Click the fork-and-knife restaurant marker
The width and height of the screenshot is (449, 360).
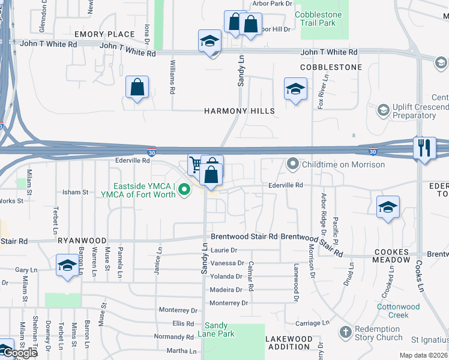(x=424, y=148)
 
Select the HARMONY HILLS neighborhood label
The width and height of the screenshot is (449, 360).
(x=239, y=111)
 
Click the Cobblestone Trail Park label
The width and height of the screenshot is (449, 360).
(x=319, y=19)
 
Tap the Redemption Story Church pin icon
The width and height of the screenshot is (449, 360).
(x=345, y=332)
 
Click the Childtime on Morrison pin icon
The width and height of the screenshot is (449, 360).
(x=293, y=163)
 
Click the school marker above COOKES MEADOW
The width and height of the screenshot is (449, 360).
(x=388, y=208)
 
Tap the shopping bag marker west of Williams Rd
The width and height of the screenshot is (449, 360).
(x=137, y=87)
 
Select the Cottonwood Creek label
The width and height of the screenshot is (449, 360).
(x=398, y=311)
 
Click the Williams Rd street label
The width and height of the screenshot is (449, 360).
(x=172, y=76)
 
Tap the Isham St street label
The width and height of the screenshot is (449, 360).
(x=76, y=192)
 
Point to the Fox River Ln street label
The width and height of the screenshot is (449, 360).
(x=325, y=91)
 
